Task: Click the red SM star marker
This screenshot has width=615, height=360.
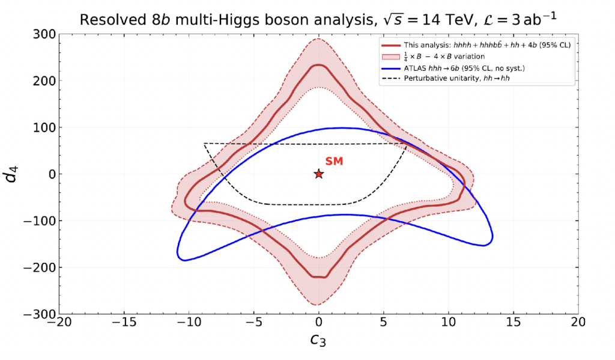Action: pyautogui.click(x=319, y=174)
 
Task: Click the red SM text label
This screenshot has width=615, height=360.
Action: pyautogui.click(x=334, y=161)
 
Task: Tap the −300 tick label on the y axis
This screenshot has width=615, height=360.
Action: pyautogui.click(x=39, y=314)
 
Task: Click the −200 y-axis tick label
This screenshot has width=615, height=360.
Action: pyautogui.click(x=39, y=267)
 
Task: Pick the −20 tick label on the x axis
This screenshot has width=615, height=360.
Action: pyautogui.click(x=59, y=322)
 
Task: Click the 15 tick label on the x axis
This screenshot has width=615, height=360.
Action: pyautogui.click(x=514, y=322)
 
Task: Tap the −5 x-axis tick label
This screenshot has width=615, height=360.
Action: pyautogui.click(x=253, y=322)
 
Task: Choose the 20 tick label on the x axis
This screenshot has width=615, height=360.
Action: pyautogui.click(x=578, y=322)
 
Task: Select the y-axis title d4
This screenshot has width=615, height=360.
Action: pyautogui.click(x=11, y=174)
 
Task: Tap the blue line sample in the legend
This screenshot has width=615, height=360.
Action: pyautogui.click(x=390, y=69)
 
